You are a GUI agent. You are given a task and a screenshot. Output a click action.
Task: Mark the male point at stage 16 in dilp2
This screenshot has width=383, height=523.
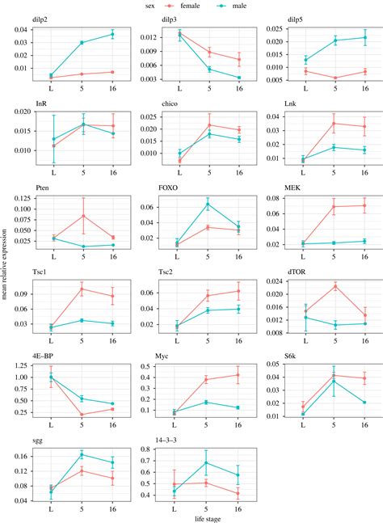112,34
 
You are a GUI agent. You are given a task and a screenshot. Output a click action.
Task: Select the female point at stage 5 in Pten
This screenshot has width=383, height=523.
82,216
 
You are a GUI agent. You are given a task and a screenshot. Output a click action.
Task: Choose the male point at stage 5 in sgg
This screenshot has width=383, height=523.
82,454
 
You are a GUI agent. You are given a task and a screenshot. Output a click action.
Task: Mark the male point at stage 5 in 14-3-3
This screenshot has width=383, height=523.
208,463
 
